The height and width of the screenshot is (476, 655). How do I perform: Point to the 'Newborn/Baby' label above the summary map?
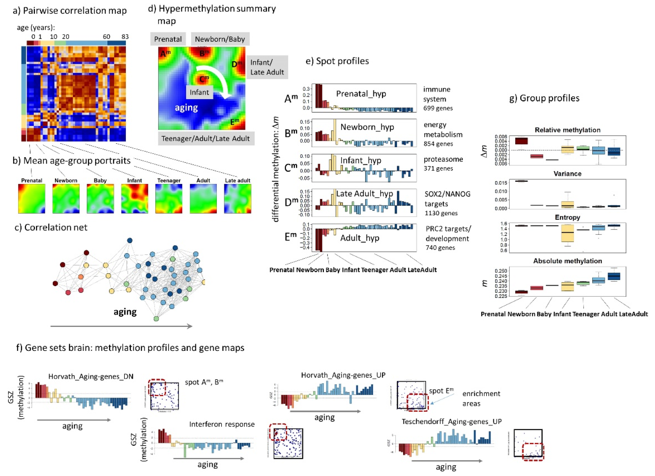(220, 39)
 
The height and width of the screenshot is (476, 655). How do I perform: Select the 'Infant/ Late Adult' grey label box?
(267, 67)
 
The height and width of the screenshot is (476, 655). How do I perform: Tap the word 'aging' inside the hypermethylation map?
(186, 108)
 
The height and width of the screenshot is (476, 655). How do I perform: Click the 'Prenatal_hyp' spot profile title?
(361, 94)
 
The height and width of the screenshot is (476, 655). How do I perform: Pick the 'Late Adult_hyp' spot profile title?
(365, 193)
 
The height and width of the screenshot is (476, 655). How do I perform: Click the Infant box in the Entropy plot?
(567, 233)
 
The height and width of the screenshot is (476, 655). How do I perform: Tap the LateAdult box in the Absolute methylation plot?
(614, 276)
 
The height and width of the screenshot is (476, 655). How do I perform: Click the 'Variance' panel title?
(567, 174)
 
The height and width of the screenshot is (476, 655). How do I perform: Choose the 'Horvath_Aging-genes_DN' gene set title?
(91, 376)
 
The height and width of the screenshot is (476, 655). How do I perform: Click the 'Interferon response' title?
(222, 424)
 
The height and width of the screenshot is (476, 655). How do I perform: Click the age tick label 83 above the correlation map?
(125, 37)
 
